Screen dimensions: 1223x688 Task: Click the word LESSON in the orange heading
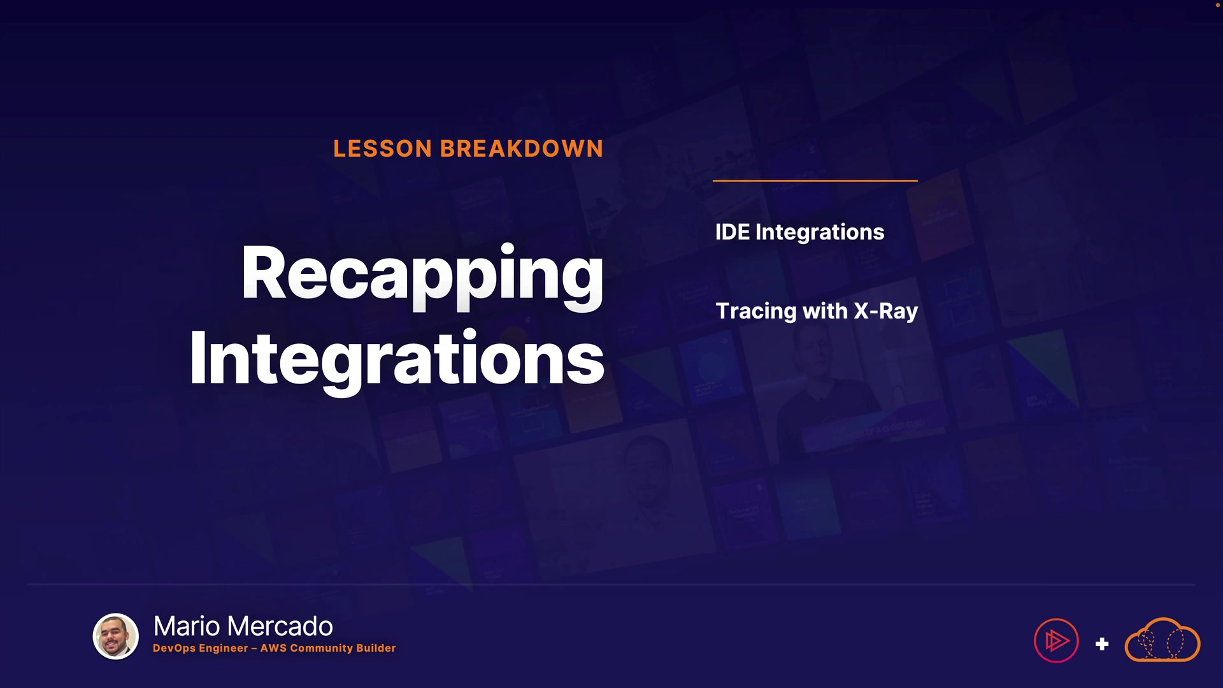[x=383, y=148]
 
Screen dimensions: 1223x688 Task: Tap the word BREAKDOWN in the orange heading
[x=522, y=148]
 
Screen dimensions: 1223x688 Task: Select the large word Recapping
[x=422, y=276]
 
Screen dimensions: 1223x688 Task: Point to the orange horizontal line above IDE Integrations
[x=815, y=181]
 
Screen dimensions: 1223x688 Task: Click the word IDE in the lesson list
[x=733, y=232]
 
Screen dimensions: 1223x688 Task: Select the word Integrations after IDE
[x=820, y=233]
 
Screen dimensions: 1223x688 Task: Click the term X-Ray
[x=886, y=311]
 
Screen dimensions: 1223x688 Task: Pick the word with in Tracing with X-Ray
[x=826, y=311]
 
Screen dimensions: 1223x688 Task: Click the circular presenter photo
[x=116, y=636]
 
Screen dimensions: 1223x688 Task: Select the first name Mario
[x=187, y=626]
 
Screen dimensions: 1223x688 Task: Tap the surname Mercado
[x=280, y=626]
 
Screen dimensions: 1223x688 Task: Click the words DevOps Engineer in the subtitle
[x=201, y=649]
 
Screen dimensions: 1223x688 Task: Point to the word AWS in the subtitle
[x=273, y=648]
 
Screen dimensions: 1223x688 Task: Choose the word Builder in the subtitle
[x=376, y=648]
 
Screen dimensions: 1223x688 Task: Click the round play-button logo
[x=1056, y=641]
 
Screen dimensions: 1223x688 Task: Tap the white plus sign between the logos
[x=1102, y=644]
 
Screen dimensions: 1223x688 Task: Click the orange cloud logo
[x=1162, y=640]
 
